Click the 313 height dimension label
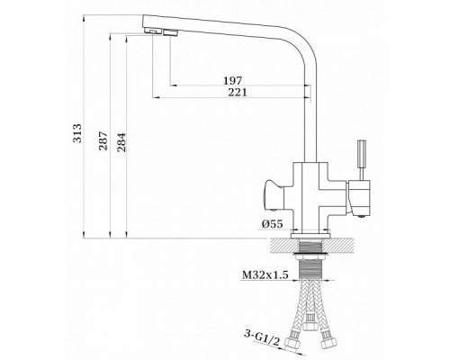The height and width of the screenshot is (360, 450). coord(77,133)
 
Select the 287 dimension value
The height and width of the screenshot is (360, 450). coord(103,140)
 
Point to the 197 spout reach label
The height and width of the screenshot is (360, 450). coord(232,81)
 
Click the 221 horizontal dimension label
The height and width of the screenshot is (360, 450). coord(238,92)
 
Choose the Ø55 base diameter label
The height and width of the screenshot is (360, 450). coord(272,224)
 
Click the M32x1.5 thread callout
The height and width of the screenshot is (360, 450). coord(265,274)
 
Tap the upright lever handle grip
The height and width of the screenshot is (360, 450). coord(361,154)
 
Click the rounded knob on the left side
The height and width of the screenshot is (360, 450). coord(274,195)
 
